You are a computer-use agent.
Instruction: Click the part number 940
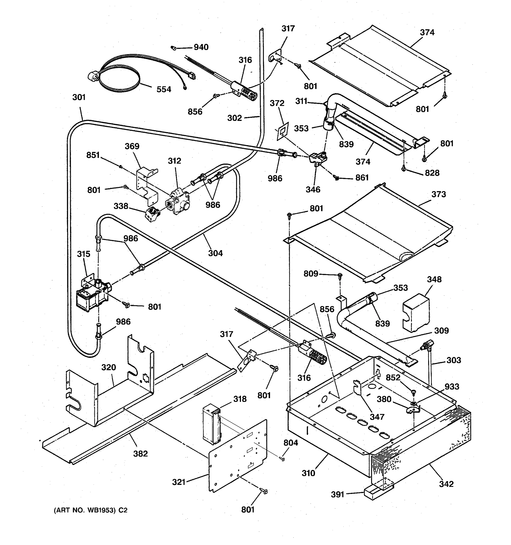(201, 47)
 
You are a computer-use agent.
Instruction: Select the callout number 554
(164, 89)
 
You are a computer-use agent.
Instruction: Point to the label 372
(277, 103)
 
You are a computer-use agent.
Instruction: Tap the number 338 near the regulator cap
(121, 206)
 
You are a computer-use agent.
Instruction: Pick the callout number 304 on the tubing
(215, 253)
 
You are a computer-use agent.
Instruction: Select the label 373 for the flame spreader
(439, 194)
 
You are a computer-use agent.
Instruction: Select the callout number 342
(446, 484)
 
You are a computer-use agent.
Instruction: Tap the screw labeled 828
(403, 169)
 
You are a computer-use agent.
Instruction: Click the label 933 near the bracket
(451, 386)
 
